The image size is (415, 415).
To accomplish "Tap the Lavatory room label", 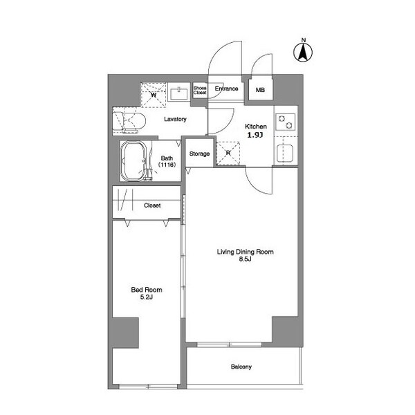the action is pos(175,119).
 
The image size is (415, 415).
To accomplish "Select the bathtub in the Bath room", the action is pos(133,161).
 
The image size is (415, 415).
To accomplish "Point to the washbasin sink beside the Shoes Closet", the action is pos(178,93).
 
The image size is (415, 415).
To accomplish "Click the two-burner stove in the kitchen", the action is pos(285,122).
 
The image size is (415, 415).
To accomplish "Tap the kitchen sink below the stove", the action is pos(285,154).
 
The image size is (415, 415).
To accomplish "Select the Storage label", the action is pos(199,154).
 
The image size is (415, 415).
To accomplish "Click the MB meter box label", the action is pos(260,90).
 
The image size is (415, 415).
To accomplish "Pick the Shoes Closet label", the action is pos(200,90).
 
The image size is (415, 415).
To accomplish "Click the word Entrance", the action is pos(226,89).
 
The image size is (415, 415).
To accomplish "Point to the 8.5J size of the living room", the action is pos(245,259).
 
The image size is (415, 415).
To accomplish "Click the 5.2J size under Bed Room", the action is pos(147,297).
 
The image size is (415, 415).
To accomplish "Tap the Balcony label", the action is pos(241,367).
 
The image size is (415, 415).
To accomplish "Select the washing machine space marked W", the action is pos(154,95).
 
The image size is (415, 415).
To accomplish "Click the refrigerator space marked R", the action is pos(228,154).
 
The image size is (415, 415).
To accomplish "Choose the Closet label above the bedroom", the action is pos(152,205).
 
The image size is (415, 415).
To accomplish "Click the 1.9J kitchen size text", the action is pos(255,135).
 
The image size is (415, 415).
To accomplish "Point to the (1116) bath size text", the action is pos(167,165).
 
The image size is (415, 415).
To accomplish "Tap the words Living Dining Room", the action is pos(245,252).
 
